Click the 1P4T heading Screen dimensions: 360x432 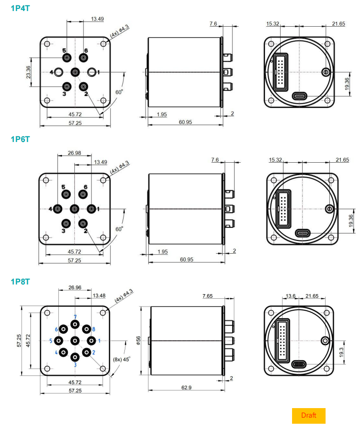click(x=20, y=8)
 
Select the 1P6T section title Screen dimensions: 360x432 click(x=20, y=139)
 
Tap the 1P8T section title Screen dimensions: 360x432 click(x=20, y=282)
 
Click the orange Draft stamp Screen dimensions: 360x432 click(x=309, y=415)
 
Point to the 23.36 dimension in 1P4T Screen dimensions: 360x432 click(x=28, y=72)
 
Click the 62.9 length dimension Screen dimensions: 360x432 click(x=186, y=387)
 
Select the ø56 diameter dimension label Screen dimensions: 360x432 click(x=138, y=341)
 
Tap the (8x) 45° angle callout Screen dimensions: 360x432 click(x=121, y=359)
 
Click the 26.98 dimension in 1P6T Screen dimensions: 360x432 click(x=74, y=153)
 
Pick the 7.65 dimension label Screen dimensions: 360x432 click(x=208, y=296)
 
